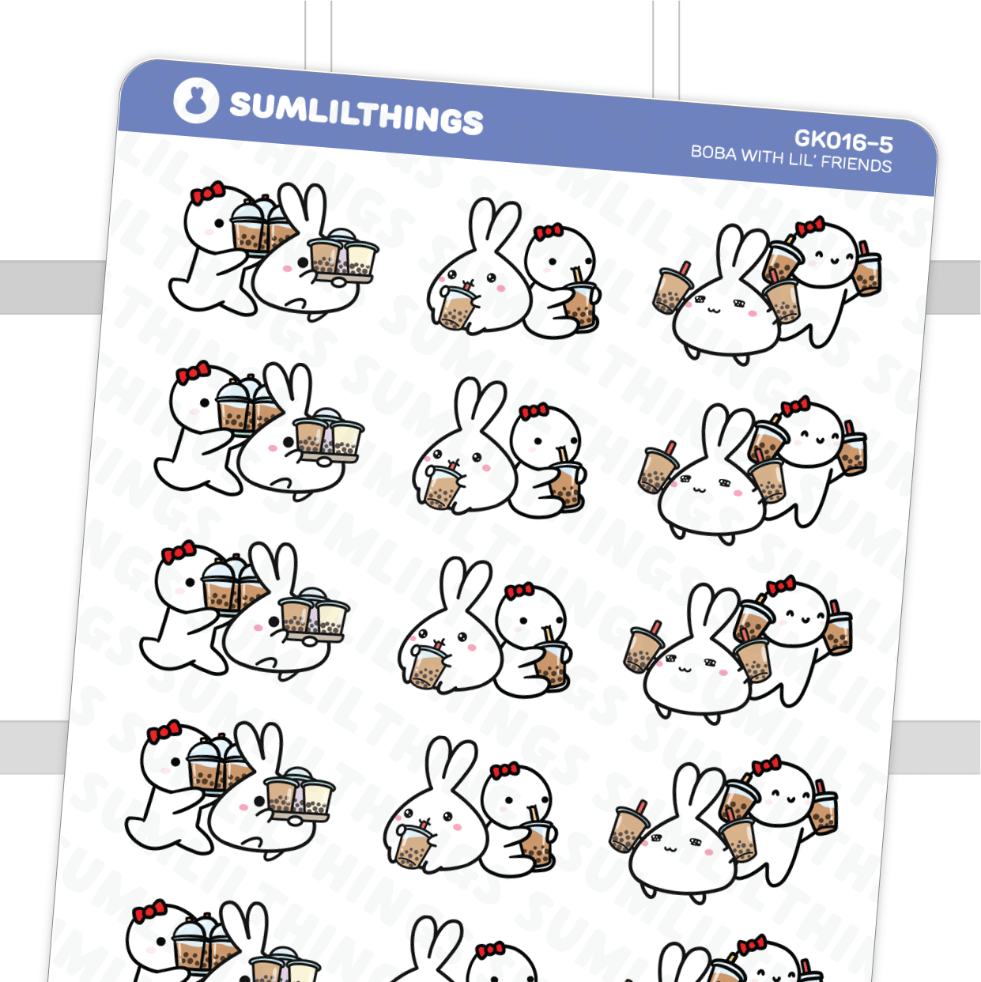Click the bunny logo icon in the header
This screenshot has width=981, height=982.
(195, 100)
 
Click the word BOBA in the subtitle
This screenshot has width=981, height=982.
(714, 152)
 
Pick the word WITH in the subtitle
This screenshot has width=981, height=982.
(762, 156)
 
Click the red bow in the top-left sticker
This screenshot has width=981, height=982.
(207, 193)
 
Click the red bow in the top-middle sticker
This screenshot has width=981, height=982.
(548, 232)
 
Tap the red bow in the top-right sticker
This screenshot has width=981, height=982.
(809, 228)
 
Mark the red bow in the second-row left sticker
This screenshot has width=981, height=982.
(193, 372)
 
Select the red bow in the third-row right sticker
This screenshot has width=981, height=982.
(781, 587)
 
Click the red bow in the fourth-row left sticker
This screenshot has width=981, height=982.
(164, 732)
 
